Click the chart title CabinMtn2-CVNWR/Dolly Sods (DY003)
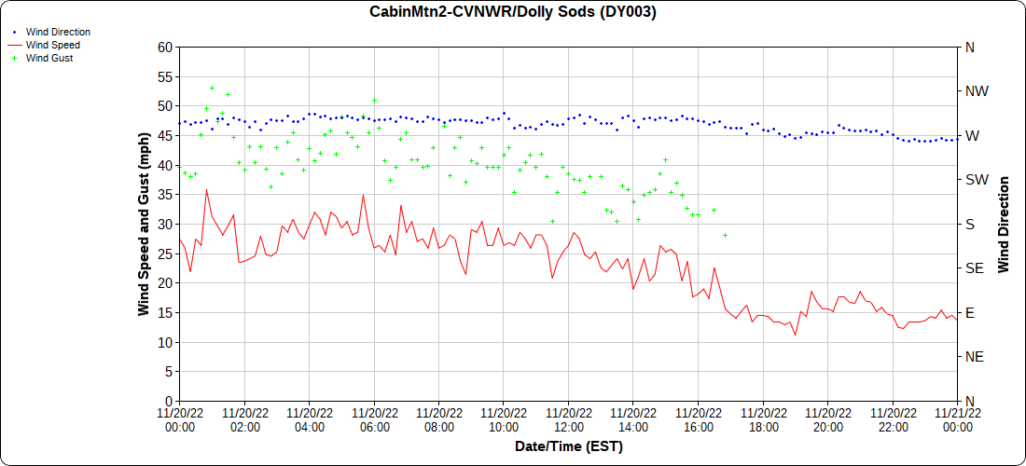[x=513, y=12]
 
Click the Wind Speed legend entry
[x=52, y=45]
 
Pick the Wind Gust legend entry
[x=49, y=58]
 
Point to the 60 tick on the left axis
[x=165, y=47]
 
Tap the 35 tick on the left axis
[x=165, y=195]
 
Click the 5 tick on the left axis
[x=169, y=372]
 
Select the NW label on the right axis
[x=977, y=91]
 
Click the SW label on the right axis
[x=976, y=180]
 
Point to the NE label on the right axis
[x=975, y=357]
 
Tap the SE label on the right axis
[x=975, y=268]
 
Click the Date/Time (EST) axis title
[x=568, y=446]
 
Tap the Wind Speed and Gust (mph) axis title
[x=144, y=224]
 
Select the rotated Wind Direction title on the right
[x=1005, y=224]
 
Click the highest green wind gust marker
[x=212, y=89]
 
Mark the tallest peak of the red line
[x=206, y=190]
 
